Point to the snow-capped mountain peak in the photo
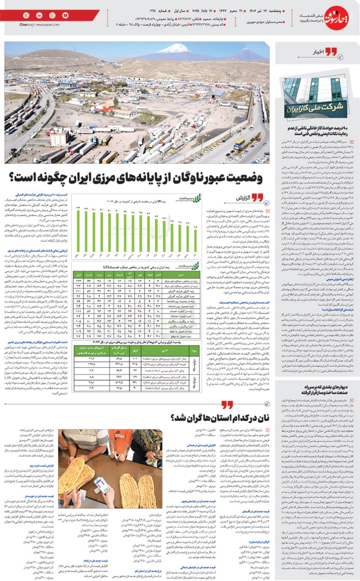point(174,48)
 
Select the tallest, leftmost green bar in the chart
point(79,231)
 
